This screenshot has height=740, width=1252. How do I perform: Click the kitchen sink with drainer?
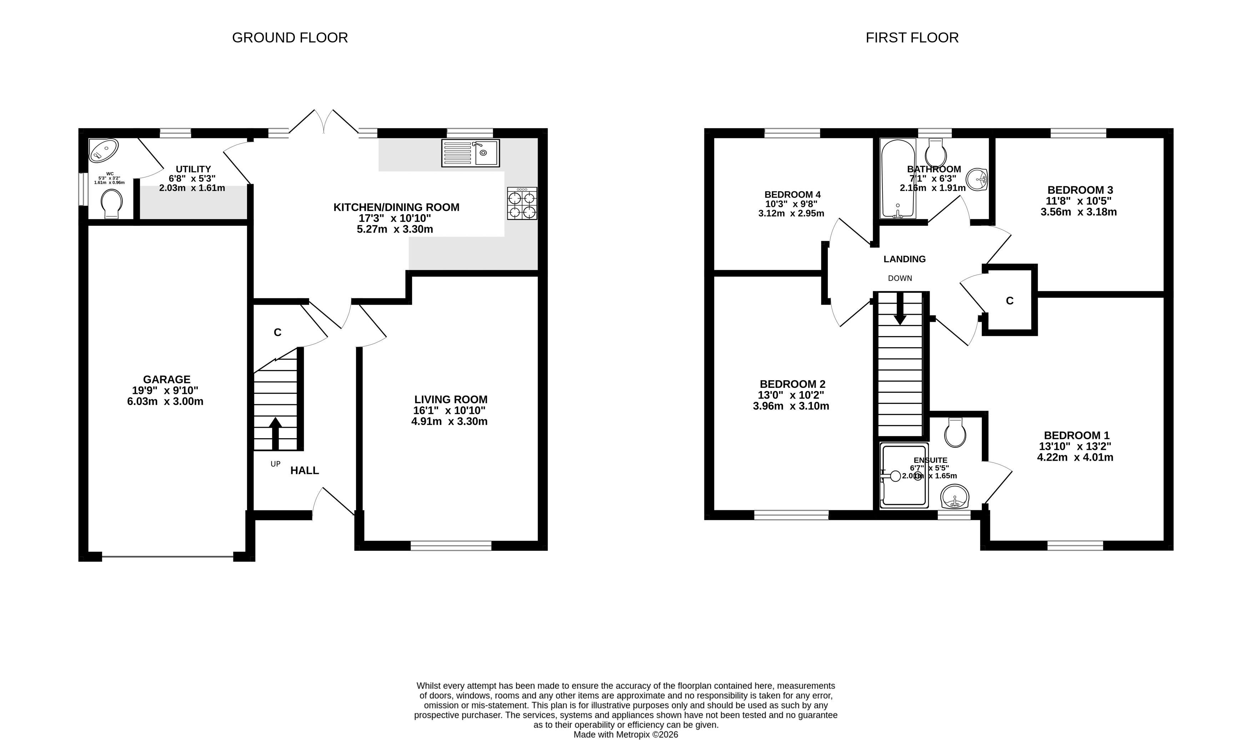pos(471,153)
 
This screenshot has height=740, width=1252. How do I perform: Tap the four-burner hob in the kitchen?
pos(522,203)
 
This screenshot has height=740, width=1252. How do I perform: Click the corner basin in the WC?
pos(103,150)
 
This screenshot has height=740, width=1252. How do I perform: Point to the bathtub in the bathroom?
pos(898,178)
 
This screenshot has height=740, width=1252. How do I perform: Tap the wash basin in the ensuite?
pos(955,496)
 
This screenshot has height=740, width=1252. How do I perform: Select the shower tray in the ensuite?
pos(904,476)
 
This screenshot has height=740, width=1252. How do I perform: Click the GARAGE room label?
pos(167,380)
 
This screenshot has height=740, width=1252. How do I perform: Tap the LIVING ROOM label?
pos(451,399)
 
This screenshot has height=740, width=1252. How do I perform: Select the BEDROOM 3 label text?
pos(1080,190)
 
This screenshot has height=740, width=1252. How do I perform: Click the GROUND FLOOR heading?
pos(290,38)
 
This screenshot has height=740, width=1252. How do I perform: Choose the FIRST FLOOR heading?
pos(912,38)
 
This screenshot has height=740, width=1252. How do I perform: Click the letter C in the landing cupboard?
pos(1010,301)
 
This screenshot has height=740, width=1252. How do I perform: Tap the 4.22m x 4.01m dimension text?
pos(1075,457)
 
